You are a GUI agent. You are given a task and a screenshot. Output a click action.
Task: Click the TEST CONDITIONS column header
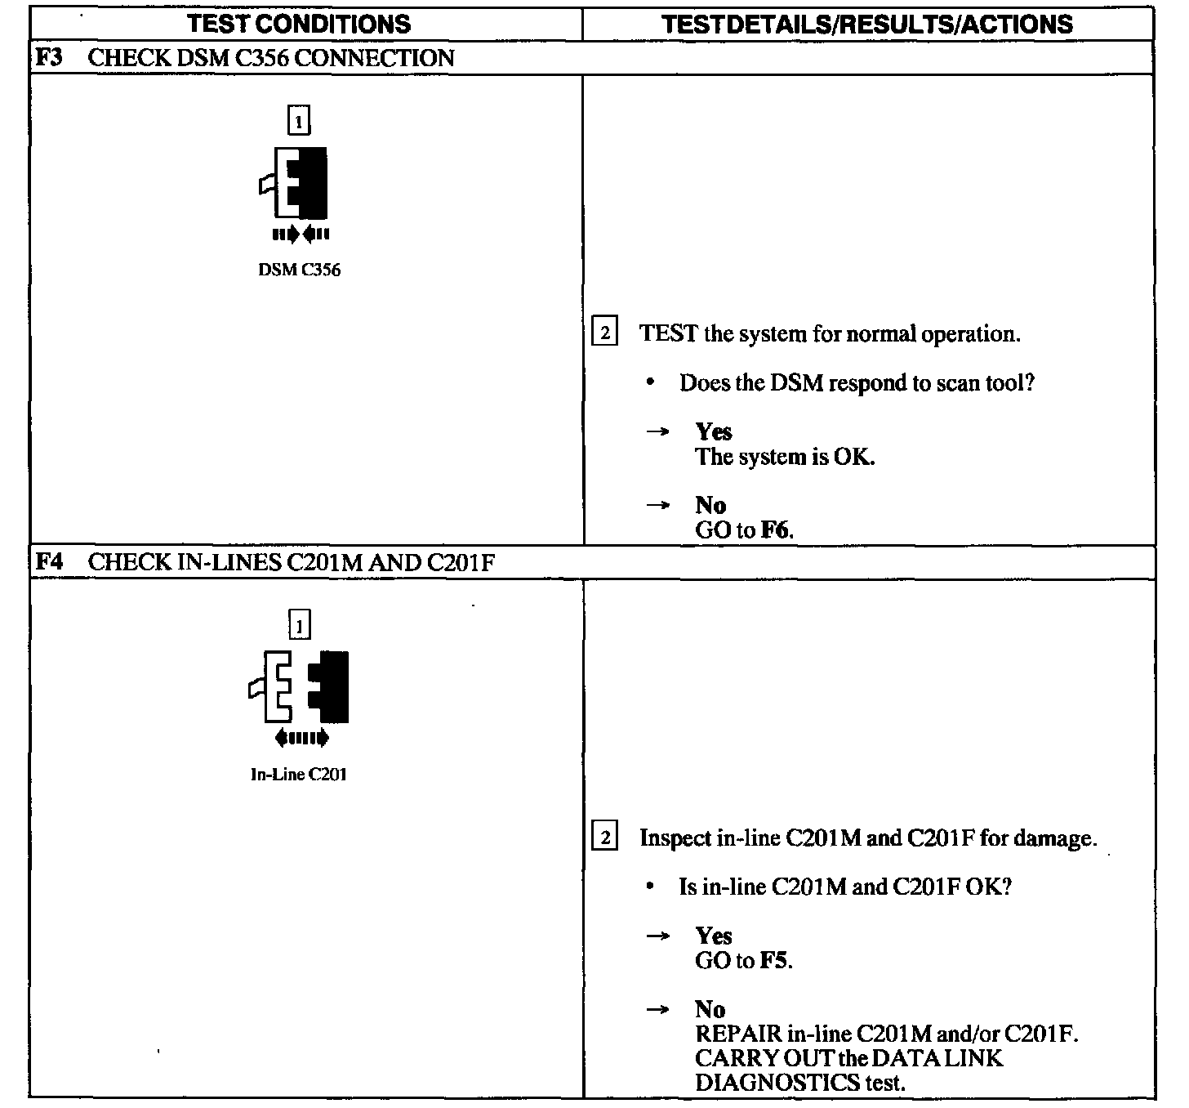click(299, 24)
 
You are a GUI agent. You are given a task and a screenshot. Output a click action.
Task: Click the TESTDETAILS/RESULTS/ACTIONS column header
click(867, 24)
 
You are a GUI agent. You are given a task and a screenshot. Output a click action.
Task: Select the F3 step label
click(50, 58)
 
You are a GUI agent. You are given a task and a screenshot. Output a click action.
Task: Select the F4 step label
click(50, 562)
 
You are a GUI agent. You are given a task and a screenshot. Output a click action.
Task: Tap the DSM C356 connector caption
click(299, 270)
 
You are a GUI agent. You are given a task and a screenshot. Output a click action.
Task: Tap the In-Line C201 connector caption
click(299, 775)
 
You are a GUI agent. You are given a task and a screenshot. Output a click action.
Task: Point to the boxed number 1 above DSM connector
click(299, 122)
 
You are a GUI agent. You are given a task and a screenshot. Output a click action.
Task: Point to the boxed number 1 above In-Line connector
click(300, 626)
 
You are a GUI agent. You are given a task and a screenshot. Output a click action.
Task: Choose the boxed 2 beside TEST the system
click(604, 333)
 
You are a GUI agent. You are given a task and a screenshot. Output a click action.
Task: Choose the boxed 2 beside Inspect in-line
click(604, 838)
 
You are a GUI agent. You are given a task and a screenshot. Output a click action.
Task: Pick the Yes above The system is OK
click(714, 431)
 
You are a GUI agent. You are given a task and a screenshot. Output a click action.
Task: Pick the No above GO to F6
click(710, 505)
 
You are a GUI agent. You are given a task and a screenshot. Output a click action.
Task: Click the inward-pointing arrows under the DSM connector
click(301, 235)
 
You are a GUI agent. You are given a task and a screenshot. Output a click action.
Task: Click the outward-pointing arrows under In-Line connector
click(301, 739)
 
